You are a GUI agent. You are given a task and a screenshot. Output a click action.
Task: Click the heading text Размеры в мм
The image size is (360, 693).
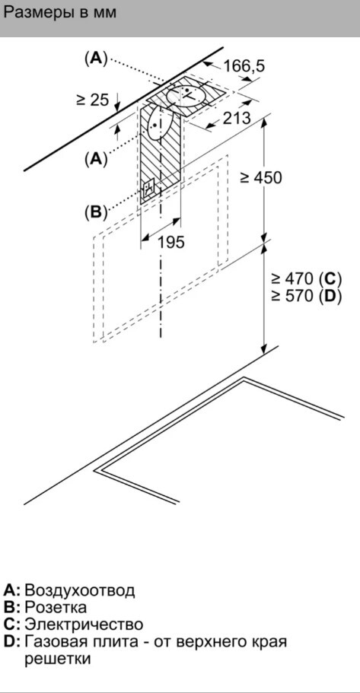coord(59,12)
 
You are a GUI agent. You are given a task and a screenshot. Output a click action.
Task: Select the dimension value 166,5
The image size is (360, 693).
coord(244,66)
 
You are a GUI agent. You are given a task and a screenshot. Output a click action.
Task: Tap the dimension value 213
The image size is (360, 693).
coord(237,118)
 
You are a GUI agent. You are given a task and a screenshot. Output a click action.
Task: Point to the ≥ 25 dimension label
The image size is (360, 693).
coord(92,100)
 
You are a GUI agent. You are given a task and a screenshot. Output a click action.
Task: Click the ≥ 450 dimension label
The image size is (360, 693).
coord(260,178)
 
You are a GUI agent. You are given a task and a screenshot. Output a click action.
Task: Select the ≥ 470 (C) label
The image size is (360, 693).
coord(307,278)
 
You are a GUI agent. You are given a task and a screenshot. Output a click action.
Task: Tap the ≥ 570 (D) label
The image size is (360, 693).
coord(307,296)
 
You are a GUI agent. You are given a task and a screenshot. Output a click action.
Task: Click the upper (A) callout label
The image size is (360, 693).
coord(96,59)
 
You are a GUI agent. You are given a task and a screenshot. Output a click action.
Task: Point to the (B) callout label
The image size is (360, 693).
coord(96,212)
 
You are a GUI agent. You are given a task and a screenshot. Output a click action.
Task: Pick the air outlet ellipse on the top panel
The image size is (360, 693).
coord(186,94)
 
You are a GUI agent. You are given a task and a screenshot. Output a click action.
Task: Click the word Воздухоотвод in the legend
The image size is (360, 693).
coord(80,590)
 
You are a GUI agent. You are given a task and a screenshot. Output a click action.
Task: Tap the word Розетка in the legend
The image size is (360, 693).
coord(56,607)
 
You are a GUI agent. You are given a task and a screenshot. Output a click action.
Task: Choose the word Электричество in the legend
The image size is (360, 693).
coord(84,625)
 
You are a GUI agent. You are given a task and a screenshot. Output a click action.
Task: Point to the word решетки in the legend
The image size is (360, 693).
coord(58,660)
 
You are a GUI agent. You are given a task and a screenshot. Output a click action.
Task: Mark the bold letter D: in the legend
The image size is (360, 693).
coord(12,641)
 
